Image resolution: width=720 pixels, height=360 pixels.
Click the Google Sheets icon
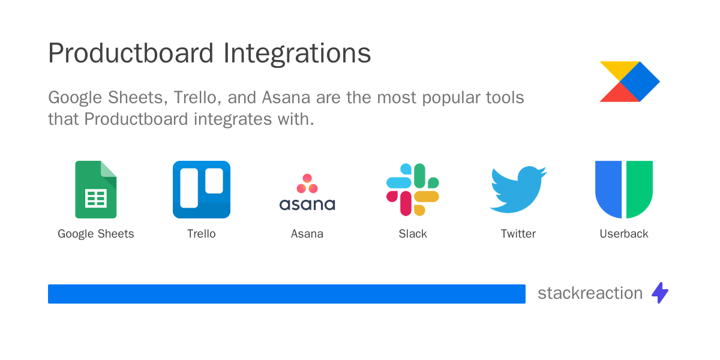(x=96, y=190)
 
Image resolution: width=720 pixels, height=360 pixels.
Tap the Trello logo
(x=202, y=190)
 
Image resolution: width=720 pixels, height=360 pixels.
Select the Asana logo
(x=307, y=193)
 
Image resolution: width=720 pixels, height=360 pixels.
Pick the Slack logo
(x=413, y=190)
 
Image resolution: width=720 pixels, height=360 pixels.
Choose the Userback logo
(x=624, y=190)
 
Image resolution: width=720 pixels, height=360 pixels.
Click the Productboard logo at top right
(x=629, y=82)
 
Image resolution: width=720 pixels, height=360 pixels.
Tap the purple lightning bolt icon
(x=660, y=293)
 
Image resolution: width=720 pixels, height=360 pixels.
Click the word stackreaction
(x=590, y=293)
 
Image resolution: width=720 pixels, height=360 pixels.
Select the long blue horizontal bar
(x=287, y=294)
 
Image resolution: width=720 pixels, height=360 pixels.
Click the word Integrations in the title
(x=297, y=53)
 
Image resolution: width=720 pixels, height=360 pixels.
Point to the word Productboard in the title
(x=131, y=53)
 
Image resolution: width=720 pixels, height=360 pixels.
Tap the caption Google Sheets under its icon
(x=96, y=234)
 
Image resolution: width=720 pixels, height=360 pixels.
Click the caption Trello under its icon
(x=202, y=234)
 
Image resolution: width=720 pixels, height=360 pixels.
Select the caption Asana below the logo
(x=307, y=234)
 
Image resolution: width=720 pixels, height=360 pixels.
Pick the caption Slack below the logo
(x=413, y=234)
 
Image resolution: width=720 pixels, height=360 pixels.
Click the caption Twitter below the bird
(x=518, y=234)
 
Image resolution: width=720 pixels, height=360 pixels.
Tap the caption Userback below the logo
(x=624, y=234)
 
